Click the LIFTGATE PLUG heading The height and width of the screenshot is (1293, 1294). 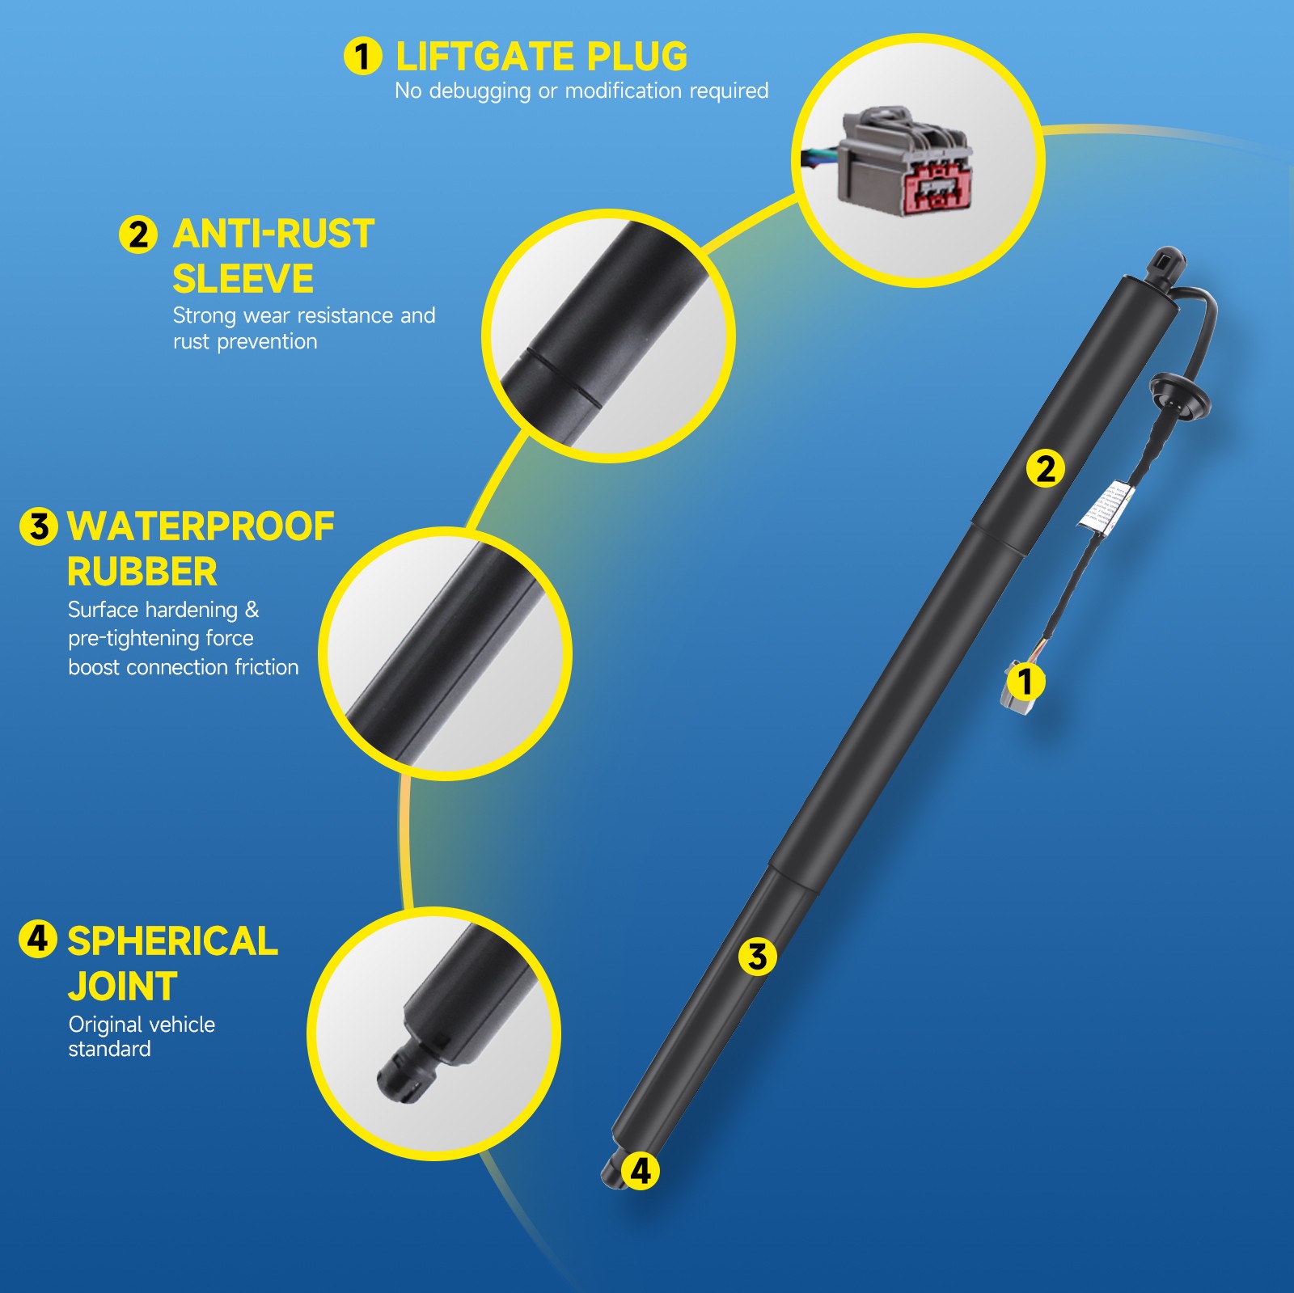tap(541, 57)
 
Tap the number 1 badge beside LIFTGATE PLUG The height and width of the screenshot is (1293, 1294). tap(362, 57)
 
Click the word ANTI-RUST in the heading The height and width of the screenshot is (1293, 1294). tap(273, 235)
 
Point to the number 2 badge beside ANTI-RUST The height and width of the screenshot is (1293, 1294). tap(138, 235)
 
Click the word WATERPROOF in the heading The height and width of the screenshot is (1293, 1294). tap(201, 527)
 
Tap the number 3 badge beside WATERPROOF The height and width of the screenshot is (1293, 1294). tap(38, 527)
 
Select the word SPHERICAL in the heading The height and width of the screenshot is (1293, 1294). tap(172, 941)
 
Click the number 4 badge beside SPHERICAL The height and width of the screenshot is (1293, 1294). tap(37, 940)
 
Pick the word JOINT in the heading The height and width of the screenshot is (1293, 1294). tap(122, 987)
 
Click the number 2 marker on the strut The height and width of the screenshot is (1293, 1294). tap(1046, 469)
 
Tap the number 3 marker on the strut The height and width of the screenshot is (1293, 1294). tap(757, 957)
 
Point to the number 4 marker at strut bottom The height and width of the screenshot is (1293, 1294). tap(641, 1171)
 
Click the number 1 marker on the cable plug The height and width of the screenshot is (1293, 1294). tap(1026, 682)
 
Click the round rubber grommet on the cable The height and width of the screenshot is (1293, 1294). tap(1181, 395)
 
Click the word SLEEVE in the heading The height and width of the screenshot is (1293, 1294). tap(243, 280)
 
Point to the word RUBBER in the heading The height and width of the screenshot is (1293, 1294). tap(142, 573)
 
